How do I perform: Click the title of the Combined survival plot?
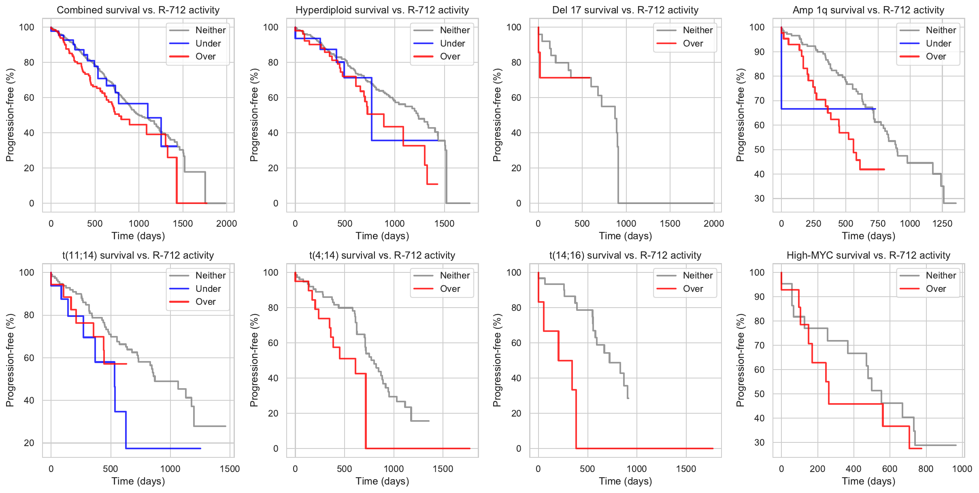click(138, 10)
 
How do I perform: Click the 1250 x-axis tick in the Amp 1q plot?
click(942, 223)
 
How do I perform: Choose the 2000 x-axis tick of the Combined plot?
click(226, 223)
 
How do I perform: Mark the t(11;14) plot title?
click(138, 255)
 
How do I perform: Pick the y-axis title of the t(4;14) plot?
click(254, 360)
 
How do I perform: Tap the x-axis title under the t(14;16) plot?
click(625, 481)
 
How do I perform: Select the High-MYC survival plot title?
click(868, 255)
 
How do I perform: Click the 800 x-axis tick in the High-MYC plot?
click(926, 469)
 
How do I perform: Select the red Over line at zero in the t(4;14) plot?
click(417, 448)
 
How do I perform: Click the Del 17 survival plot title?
click(625, 10)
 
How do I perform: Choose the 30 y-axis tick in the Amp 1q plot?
click(759, 198)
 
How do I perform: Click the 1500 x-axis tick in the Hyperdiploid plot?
click(444, 223)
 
